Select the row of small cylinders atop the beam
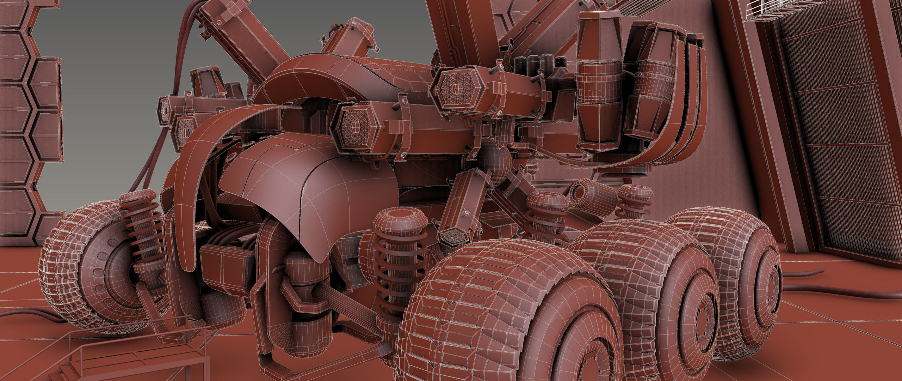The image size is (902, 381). pyautogui.click(x=536, y=65)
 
